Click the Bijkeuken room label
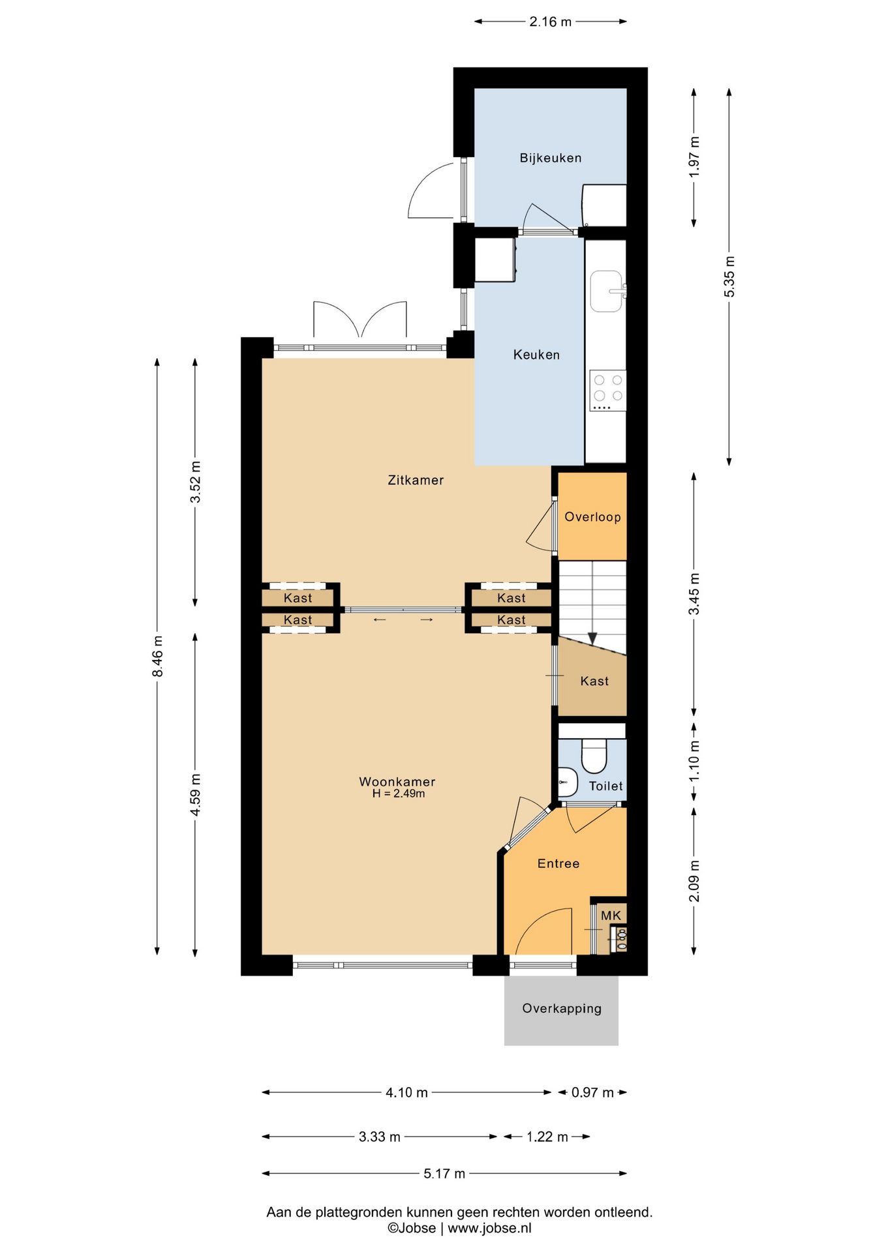coord(550,158)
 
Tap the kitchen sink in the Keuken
coord(608,291)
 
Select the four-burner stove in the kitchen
coord(607,390)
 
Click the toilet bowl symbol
coord(594,755)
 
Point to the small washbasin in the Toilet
coord(568,782)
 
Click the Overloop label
coord(592,517)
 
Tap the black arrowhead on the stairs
coord(592,638)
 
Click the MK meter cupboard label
coord(611,916)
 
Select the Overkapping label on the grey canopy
coord(562,1008)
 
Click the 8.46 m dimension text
coord(157,656)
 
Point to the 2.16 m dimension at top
coord(550,22)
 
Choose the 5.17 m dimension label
coord(444,1174)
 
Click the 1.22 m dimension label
coord(547,1137)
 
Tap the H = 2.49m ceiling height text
coord(399,794)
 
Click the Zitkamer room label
coord(416,480)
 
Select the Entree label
coord(558,863)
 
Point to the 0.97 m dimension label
coord(592,1092)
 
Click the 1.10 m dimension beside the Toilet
coord(694,761)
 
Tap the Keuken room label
coord(536,355)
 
